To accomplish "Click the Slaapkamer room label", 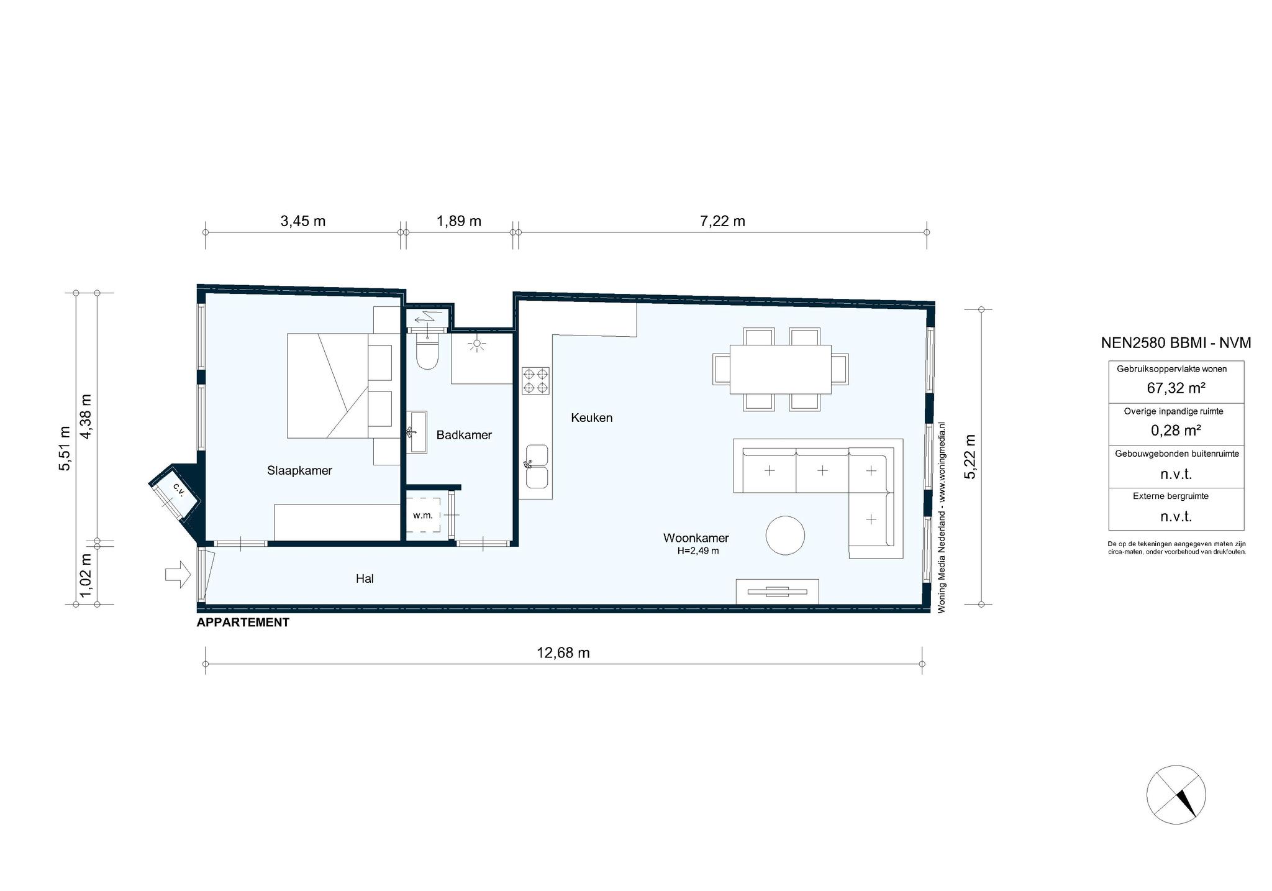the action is [299, 470].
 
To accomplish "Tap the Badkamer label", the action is [464, 435].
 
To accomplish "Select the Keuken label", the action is [591, 418].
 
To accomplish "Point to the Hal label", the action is [365, 578].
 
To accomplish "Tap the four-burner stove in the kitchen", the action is [535, 381].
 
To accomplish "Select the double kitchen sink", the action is [537, 466].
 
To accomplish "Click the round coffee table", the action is [785, 535].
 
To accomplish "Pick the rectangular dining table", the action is [781, 369].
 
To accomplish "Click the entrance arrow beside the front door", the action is [178, 574].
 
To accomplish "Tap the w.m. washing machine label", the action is [422, 515].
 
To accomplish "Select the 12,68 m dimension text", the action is [563, 653].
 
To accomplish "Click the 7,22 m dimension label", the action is [722, 221].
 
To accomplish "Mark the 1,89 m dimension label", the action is [459, 221].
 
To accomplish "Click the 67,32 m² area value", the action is [1176, 388].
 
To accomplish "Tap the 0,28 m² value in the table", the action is [1176, 431].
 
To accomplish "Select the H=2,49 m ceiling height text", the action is [698, 551].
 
